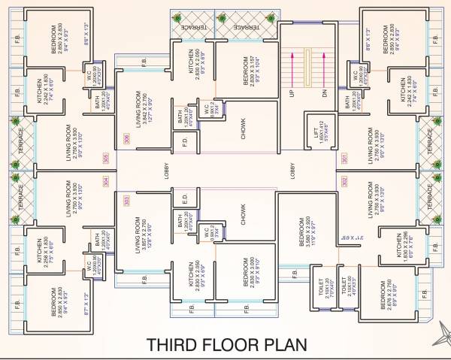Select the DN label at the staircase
click(324, 92)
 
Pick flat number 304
click(105, 181)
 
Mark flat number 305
click(105, 158)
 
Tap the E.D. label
click(184, 201)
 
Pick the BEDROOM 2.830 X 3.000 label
click(242, 271)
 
